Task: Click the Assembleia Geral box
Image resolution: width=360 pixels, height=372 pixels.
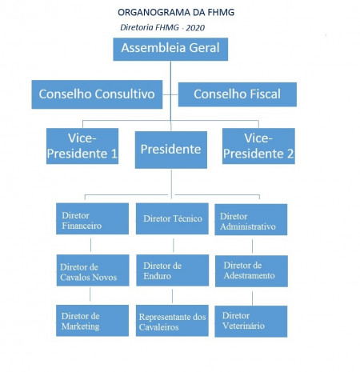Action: click(170, 50)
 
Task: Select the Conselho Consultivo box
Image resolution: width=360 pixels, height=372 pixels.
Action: click(97, 94)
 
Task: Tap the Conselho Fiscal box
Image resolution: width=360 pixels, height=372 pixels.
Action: click(238, 94)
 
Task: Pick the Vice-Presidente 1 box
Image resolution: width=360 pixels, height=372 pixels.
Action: click(82, 146)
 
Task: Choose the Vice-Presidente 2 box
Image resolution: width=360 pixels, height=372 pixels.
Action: click(258, 146)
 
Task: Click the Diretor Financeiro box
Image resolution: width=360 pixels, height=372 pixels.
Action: click(92, 218)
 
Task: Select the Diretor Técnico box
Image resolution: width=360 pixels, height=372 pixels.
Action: click(172, 218)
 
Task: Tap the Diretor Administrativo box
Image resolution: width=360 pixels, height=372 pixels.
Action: click(251, 219)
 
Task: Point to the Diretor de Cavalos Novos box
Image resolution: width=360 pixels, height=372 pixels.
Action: click(93, 270)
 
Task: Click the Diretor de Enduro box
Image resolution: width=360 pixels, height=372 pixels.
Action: click(173, 270)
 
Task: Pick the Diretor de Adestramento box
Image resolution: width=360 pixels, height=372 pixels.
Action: click(251, 271)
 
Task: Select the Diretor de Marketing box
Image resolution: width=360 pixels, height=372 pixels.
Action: click(92, 321)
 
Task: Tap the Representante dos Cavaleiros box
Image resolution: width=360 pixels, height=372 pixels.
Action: click(172, 321)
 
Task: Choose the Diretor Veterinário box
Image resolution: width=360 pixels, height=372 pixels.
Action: click(251, 322)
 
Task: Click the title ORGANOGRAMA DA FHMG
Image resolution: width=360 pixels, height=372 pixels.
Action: click(176, 12)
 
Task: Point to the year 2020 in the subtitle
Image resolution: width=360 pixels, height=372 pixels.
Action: click(195, 28)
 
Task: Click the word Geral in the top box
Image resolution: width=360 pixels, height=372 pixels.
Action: click(204, 48)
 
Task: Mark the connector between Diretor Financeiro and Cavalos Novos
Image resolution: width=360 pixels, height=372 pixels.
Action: click(90, 245)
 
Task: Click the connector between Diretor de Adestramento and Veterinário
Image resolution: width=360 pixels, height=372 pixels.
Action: click(252, 298)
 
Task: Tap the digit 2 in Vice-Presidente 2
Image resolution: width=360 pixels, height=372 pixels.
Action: click(290, 154)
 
